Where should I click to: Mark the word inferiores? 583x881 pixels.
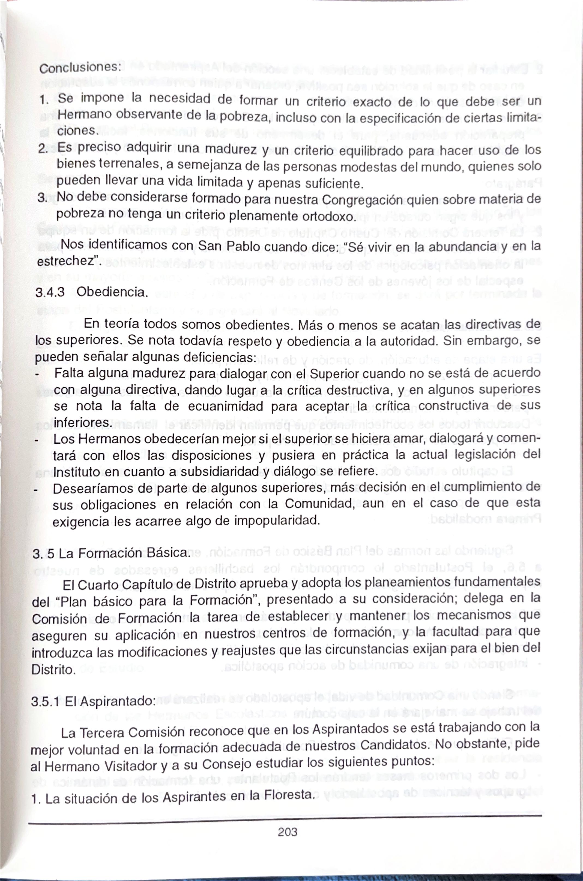point(82,423)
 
